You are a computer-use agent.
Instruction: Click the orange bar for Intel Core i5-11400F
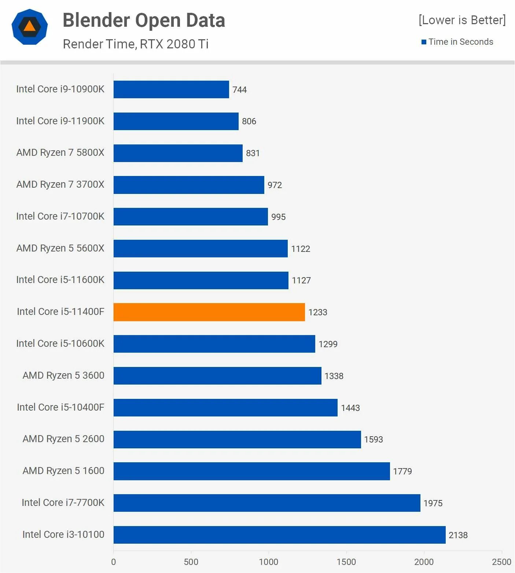click(209, 312)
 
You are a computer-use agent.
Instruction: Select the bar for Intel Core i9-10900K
click(171, 89)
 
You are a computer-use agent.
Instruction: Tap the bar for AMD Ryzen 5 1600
click(251, 471)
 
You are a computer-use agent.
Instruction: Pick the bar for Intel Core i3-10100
click(279, 535)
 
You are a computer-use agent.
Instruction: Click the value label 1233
click(318, 312)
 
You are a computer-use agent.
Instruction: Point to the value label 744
click(240, 90)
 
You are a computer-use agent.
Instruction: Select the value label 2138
click(458, 535)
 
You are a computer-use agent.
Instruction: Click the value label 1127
click(301, 280)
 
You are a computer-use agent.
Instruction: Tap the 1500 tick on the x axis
click(346, 562)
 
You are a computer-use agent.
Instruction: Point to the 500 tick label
click(191, 562)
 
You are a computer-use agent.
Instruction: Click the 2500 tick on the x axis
click(501, 562)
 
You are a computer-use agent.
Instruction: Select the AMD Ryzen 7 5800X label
click(60, 153)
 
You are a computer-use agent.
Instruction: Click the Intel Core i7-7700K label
click(63, 503)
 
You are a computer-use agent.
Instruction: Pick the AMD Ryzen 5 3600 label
click(63, 375)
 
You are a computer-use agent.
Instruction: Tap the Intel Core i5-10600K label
click(60, 344)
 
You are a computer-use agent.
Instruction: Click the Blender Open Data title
click(144, 20)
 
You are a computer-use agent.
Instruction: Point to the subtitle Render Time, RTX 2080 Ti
click(136, 44)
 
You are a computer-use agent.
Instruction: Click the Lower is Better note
click(462, 20)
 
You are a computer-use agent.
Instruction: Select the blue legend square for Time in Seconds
click(424, 42)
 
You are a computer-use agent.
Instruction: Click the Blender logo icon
click(30, 27)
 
